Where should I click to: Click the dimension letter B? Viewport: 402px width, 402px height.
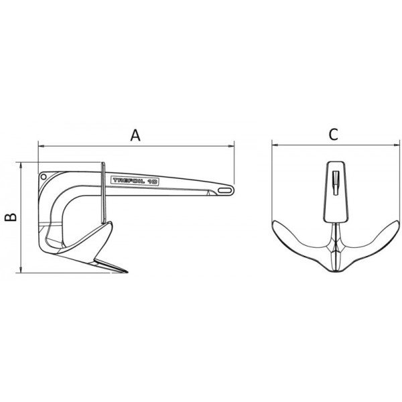point(9,216)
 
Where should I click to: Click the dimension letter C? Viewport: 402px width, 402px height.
point(333,134)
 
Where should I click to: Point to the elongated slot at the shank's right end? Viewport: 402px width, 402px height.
point(220,192)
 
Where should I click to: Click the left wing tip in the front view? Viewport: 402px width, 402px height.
point(274,222)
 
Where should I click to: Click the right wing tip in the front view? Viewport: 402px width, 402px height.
point(393,222)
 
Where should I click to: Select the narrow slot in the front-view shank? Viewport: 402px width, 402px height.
point(334,181)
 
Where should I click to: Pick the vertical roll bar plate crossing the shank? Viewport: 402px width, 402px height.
point(102,194)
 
